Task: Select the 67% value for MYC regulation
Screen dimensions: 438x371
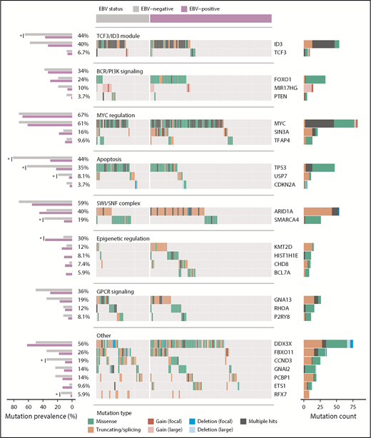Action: [x=83, y=115]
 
